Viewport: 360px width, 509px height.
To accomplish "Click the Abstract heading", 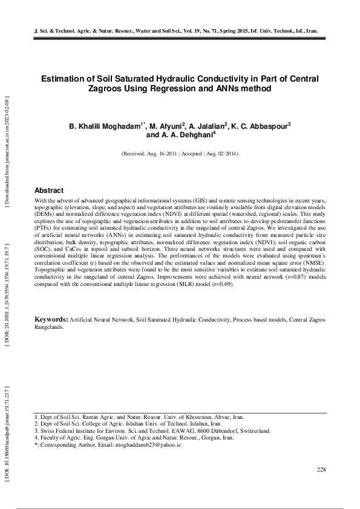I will pos(49,190).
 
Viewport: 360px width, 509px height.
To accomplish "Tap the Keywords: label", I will pos(51,318).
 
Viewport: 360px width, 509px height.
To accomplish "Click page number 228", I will pos(322,470).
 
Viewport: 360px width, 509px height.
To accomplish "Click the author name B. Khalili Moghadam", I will pos(106,126).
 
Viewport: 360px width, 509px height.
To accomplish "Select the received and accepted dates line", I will pos(180,154).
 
